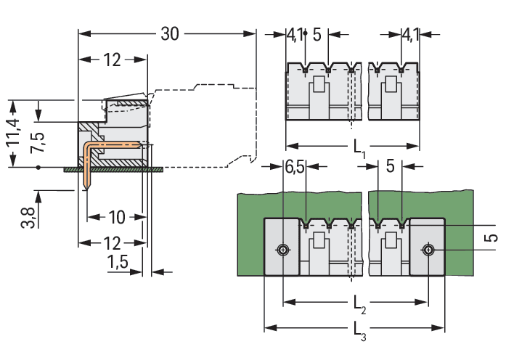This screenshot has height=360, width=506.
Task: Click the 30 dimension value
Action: (x=169, y=33)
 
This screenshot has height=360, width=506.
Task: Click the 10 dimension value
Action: (x=117, y=216)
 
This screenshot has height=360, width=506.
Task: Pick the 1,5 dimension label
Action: (x=118, y=263)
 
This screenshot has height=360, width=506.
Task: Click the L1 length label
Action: (x=360, y=148)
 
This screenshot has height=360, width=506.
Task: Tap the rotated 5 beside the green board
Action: (x=491, y=239)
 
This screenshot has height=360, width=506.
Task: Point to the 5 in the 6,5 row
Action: (x=390, y=167)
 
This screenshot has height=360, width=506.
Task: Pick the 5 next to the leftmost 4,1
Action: (x=317, y=34)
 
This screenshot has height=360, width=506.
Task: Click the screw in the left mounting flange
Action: (x=282, y=250)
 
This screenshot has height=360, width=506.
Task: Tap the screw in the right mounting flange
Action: (x=430, y=250)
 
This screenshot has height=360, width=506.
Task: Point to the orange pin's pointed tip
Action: (x=87, y=187)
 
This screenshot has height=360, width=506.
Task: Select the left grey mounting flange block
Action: (x=281, y=247)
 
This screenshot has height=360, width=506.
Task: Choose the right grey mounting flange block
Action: (x=428, y=247)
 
